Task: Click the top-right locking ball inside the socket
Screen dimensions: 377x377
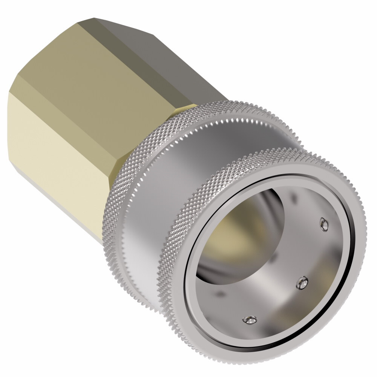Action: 323,224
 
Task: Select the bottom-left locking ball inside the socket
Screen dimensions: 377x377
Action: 249,320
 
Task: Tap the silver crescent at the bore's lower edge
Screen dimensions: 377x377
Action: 219,271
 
